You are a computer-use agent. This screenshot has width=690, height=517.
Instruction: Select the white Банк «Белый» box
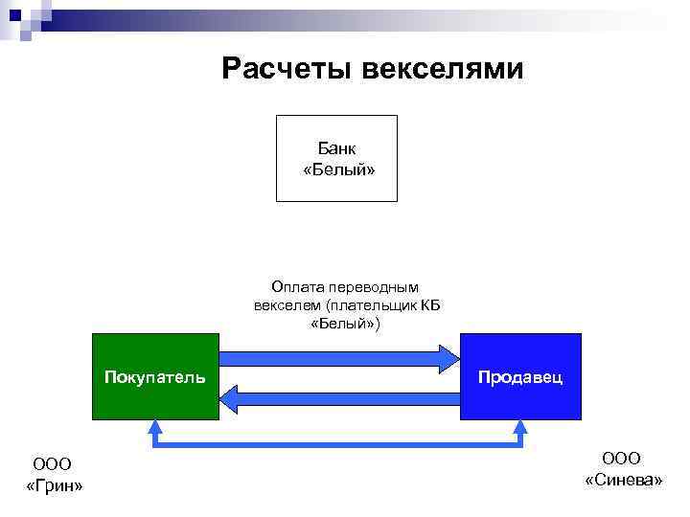click(x=336, y=158)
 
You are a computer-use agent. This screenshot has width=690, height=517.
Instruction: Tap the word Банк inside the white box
click(x=337, y=148)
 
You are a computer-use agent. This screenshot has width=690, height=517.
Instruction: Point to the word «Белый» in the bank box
click(x=337, y=169)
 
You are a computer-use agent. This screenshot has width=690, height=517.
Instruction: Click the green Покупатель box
click(x=155, y=402)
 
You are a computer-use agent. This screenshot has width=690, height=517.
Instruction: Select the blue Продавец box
click(x=520, y=402)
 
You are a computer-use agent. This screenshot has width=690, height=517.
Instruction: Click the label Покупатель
click(x=155, y=376)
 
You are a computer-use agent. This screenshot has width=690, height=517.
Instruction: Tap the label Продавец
click(x=520, y=376)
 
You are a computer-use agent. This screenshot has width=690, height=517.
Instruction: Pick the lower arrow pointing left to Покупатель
click(x=340, y=397)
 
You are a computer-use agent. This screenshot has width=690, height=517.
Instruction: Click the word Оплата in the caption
click(x=294, y=286)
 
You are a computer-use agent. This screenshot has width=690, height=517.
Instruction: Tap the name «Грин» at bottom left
click(x=54, y=486)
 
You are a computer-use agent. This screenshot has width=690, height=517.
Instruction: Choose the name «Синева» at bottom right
click(x=623, y=479)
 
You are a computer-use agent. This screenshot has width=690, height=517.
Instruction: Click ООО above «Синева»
click(x=622, y=458)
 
